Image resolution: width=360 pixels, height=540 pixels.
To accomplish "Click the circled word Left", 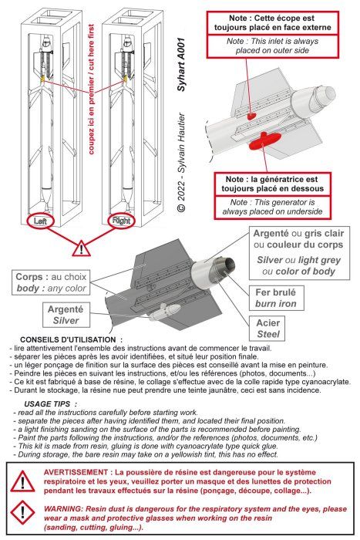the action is pyautogui.click(x=40, y=221).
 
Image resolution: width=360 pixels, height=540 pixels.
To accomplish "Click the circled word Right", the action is pyautogui.click(x=121, y=221).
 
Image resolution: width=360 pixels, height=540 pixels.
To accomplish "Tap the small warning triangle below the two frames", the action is pyautogui.click(x=81, y=248).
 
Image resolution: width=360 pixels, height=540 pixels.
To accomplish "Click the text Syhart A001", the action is pyautogui.click(x=181, y=64).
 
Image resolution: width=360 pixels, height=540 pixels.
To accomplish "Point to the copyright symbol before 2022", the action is pyautogui.click(x=181, y=208).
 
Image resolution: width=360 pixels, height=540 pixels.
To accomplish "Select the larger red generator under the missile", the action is pyautogui.click(x=264, y=140).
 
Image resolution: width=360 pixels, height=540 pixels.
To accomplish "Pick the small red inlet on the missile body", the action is pyautogui.click(x=252, y=116).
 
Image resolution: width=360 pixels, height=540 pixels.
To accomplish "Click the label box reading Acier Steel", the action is pyautogui.click(x=267, y=328).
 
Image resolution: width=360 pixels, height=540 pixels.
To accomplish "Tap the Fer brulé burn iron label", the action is pyautogui.click(x=276, y=298).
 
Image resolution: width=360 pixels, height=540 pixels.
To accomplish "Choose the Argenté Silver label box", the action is pyautogui.click(x=66, y=315).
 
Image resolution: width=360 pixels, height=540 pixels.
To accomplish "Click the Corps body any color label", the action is pyautogui.click(x=52, y=282).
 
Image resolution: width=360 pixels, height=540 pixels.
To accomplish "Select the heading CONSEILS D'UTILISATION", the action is pyautogui.click(x=68, y=340).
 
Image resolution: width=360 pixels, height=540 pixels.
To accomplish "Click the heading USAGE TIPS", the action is pyautogui.click(x=47, y=404).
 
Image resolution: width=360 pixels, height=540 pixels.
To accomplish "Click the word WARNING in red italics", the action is pyautogui.click(x=63, y=508).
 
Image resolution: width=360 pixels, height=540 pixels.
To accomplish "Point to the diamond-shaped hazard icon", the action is pyautogui.click(x=22, y=512).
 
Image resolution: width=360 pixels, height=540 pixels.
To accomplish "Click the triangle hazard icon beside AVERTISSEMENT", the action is pyautogui.click(x=22, y=481).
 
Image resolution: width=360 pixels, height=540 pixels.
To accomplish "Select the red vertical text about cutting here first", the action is pyautogui.click(x=91, y=89).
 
